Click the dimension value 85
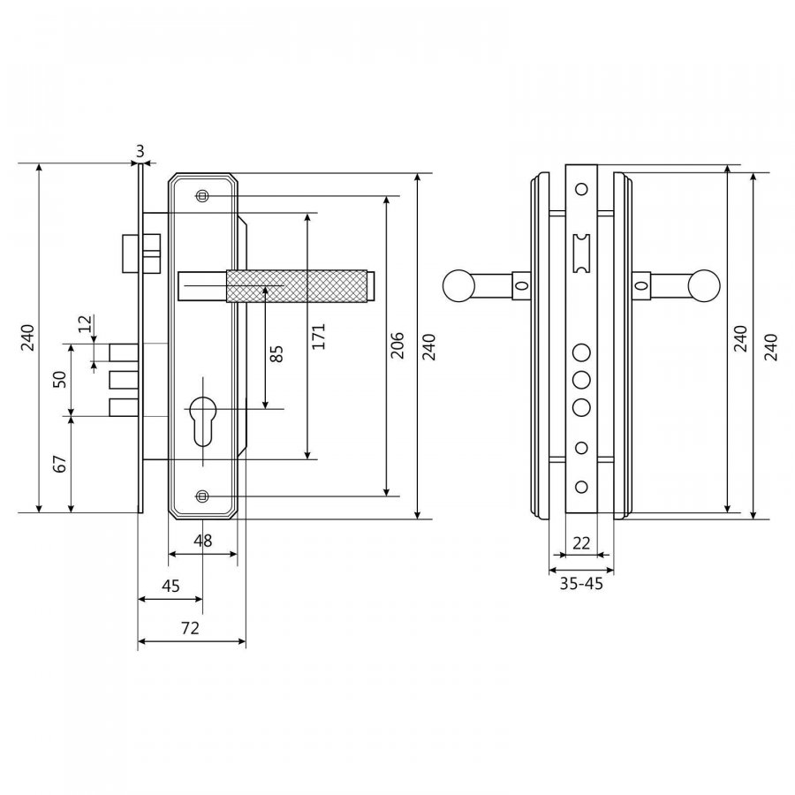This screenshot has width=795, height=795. tap(276, 354)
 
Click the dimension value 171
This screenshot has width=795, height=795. tap(318, 336)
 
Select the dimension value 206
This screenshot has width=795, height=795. tap(398, 345)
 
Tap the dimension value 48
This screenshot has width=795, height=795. tap(203, 541)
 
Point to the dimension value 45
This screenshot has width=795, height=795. tap(170, 586)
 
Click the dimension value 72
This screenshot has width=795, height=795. tap(190, 628)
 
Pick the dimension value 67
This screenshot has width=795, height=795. tap(60, 464)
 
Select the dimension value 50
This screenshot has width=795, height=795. tap(60, 379)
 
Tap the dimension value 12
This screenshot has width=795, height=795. tap(85, 323)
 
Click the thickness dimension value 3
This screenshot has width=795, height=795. tap(140, 151)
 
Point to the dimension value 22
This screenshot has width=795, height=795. tap(581, 543)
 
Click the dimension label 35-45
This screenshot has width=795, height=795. tap(581, 584)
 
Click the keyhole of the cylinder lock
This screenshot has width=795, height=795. tap(203, 420)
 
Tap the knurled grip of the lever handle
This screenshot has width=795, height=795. tap(297, 286)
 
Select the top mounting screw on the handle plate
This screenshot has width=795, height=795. tap(203, 196)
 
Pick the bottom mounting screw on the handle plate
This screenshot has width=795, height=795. tap(203, 496)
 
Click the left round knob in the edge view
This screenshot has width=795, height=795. tap(459, 286)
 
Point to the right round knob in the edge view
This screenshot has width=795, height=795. tap(704, 286)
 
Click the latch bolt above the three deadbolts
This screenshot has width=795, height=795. tap(141, 253)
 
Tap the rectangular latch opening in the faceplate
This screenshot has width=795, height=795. tap(581, 254)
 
